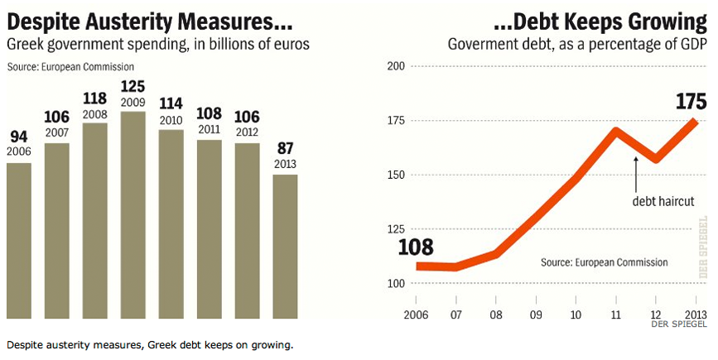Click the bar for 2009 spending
133,215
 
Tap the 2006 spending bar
19,240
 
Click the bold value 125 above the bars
133,85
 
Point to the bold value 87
285,149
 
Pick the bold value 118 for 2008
95,98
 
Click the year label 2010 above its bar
171,121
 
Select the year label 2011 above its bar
209,130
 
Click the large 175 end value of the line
689,102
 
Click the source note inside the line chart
604,262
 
